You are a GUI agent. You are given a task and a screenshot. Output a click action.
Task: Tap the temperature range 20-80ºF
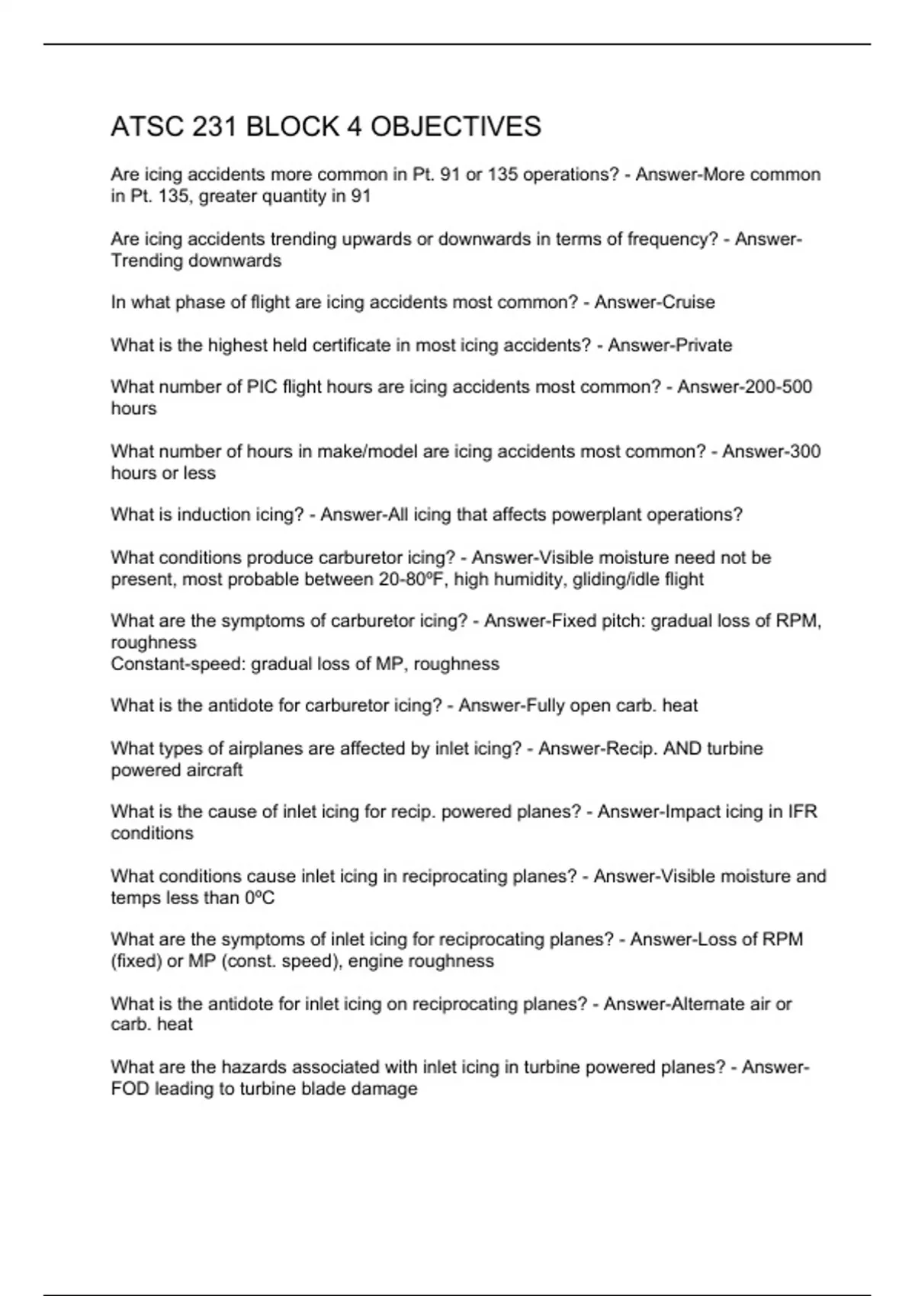tap(413, 579)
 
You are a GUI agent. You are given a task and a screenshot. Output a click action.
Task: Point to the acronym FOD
tap(130, 1089)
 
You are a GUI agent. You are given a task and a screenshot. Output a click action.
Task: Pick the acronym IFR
tap(802, 812)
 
